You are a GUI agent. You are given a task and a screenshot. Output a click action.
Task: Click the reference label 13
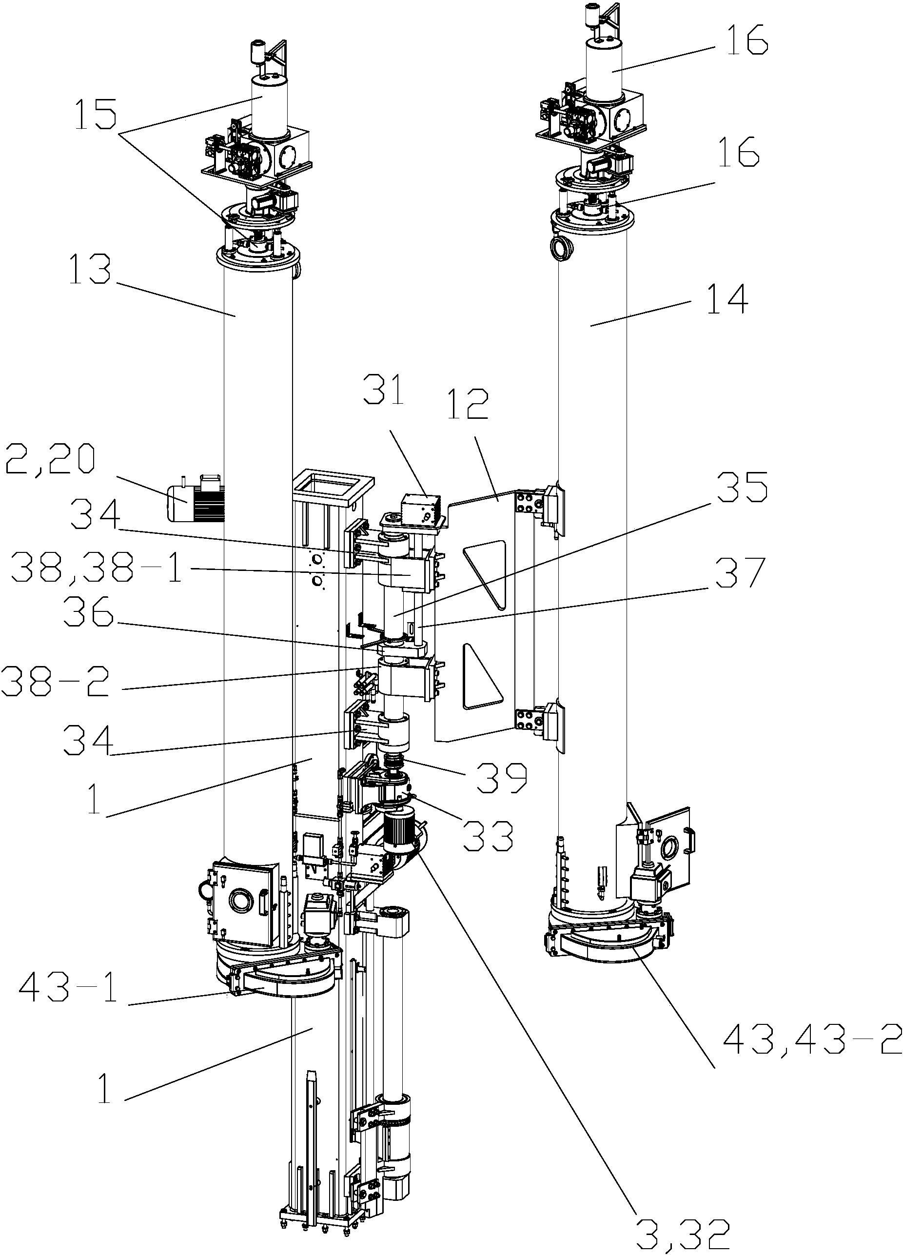click(x=91, y=270)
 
